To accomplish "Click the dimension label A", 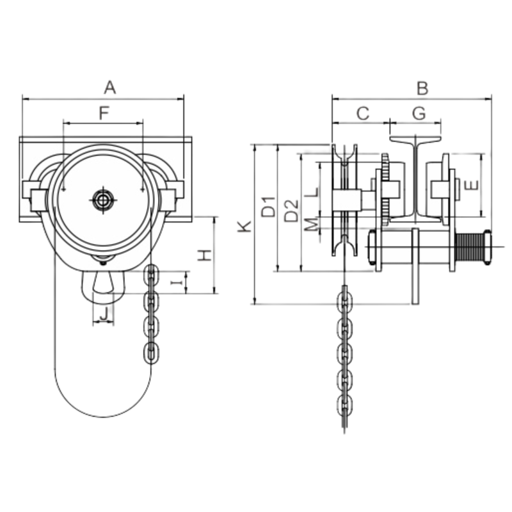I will click(109, 86).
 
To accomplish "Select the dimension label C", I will click(362, 113).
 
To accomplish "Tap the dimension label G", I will click(419, 113).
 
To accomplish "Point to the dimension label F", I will click(104, 113).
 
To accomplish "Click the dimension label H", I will click(204, 255).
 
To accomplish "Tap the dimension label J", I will click(104, 314).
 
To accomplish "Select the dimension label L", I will click(310, 191).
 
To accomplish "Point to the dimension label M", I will click(310, 223).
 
